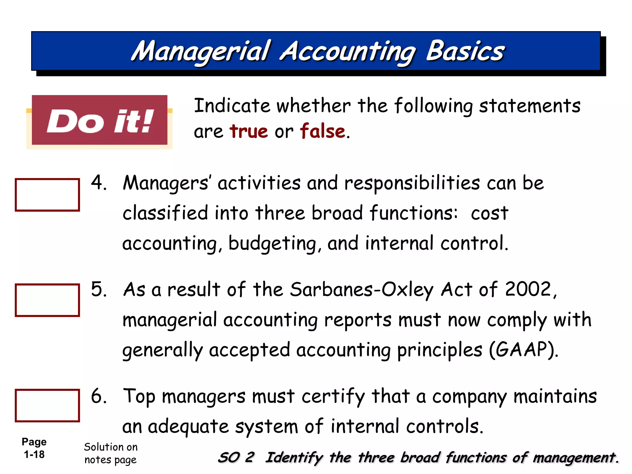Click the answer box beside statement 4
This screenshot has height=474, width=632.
[47, 195]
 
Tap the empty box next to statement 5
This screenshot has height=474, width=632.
[47, 300]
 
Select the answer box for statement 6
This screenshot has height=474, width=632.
[47, 405]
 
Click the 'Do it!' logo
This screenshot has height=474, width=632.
[100, 120]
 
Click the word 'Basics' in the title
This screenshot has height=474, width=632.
[465, 51]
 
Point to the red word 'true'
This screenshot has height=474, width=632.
[249, 131]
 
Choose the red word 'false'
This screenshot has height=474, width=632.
[322, 131]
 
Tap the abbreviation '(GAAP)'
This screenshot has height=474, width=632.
[523, 350]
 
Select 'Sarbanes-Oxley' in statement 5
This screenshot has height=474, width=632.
[362, 290]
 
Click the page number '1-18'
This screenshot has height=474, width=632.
[34, 455]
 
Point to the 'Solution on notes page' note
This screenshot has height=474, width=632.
[110, 453]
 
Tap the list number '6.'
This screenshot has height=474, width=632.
[99, 396]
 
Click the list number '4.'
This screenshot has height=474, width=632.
[99, 182]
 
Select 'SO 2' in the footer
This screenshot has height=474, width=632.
[236, 457]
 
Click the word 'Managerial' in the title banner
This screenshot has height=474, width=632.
[201, 52]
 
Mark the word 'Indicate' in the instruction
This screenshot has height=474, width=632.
[232, 106]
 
